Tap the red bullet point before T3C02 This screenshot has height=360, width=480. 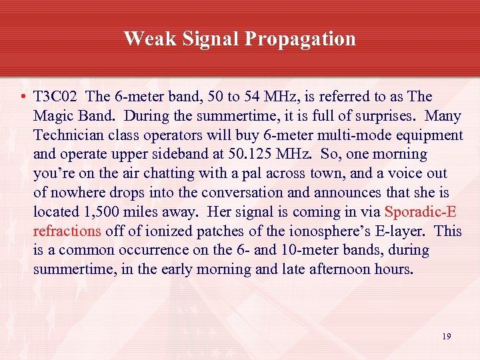pos(23,97)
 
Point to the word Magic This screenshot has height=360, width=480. pos(53,116)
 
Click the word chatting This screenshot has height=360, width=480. pos(155,174)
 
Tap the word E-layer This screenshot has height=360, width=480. pos(401,232)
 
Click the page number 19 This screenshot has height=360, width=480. pos(446,337)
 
